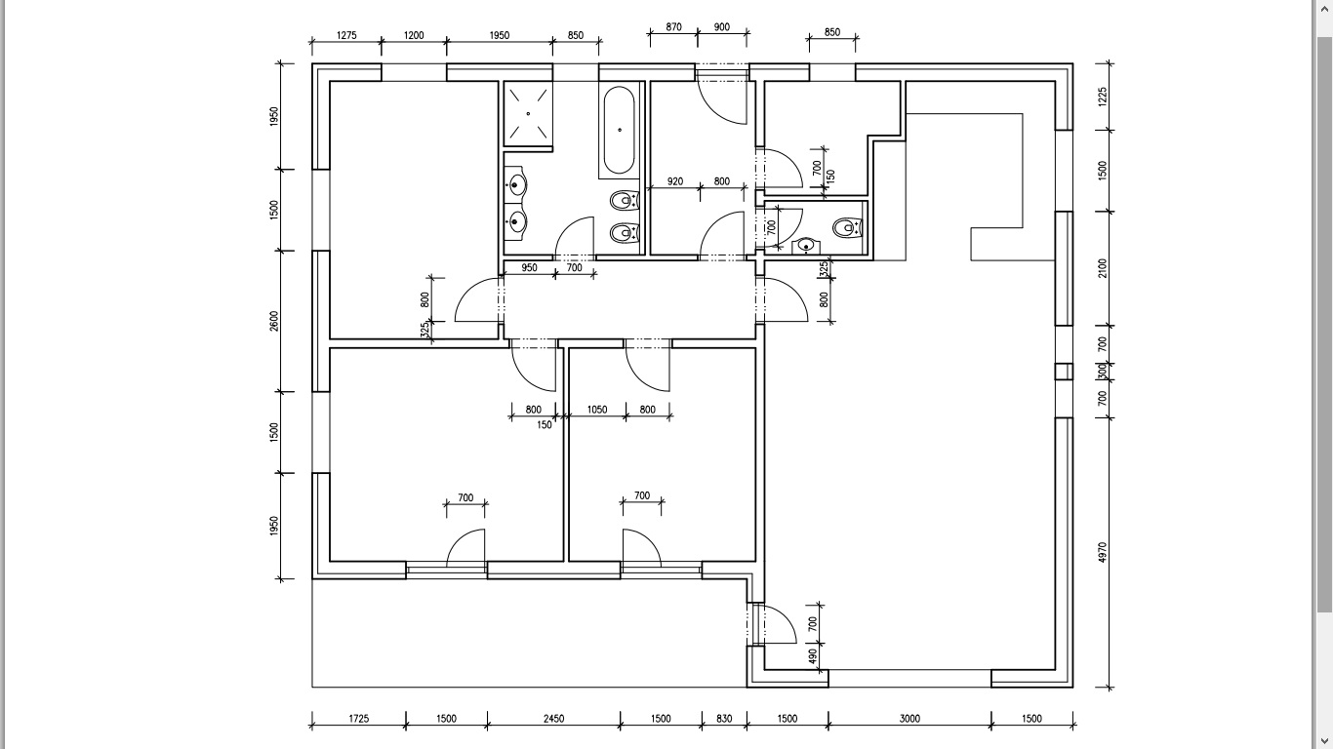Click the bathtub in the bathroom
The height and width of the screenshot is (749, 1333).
pyautogui.click(x=620, y=131)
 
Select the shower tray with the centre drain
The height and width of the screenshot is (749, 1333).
pyautogui.click(x=528, y=113)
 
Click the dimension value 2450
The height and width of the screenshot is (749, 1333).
pyautogui.click(x=553, y=719)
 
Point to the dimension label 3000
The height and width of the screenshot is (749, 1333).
pyautogui.click(x=909, y=719)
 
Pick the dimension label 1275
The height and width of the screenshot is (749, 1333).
pyautogui.click(x=346, y=35)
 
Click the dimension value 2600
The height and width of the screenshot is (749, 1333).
pyautogui.click(x=274, y=321)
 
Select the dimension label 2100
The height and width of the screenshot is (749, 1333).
pyautogui.click(x=1103, y=268)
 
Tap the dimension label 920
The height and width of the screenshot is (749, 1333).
pyautogui.click(x=675, y=181)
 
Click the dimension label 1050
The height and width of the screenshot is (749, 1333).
pyautogui.click(x=597, y=410)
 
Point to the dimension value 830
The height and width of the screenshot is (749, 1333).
pyautogui.click(x=724, y=719)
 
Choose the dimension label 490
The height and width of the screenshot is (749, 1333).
pyautogui.click(x=812, y=657)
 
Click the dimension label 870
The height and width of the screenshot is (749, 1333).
pyautogui.click(x=673, y=27)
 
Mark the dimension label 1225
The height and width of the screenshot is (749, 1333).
pyautogui.click(x=1103, y=96)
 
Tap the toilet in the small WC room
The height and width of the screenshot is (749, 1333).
pyautogui.click(x=845, y=227)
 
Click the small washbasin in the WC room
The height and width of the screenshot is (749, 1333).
pyautogui.click(x=805, y=245)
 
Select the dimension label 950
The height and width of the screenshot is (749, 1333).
pyautogui.click(x=529, y=267)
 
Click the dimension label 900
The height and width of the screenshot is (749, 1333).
pyautogui.click(x=722, y=27)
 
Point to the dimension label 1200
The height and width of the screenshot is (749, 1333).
pyautogui.click(x=414, y=35)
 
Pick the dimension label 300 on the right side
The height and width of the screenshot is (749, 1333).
pyautogui.click(x=1103, y=372)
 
